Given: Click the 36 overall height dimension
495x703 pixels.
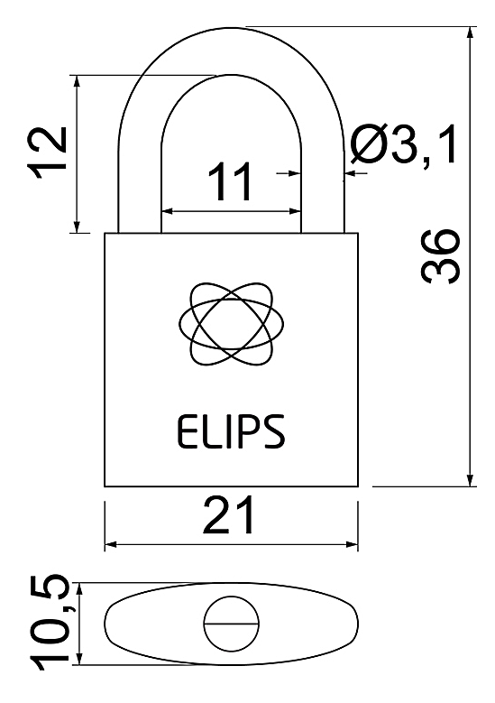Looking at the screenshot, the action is pyautogui.click(x=440, y=256).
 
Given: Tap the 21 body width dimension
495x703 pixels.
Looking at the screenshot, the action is pyautogui.click(x=229, y=514).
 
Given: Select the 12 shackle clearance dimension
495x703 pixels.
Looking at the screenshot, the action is pyautogui.click(x=48, y=153).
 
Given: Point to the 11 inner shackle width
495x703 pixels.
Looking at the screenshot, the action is pyautogui.click(x=230, y=181).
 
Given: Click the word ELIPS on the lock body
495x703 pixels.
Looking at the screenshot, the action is pyautogui.click(x=231, y=431).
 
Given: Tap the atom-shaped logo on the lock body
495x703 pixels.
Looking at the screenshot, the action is pyautogui.click(x=231, y=323).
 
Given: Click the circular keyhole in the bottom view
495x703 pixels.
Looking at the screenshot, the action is pyautogui.click(x=231, y=624).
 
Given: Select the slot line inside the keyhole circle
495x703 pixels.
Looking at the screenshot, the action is pyautogui.click(x=231, y=624).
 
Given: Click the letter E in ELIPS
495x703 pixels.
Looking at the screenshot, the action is pyautogui.click(x=187, y=431).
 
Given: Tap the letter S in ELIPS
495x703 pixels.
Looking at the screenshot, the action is pyautogui.click(x=273, y=431).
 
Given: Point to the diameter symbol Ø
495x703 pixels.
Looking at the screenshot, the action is pyautogui.click(x=367, y=144).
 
